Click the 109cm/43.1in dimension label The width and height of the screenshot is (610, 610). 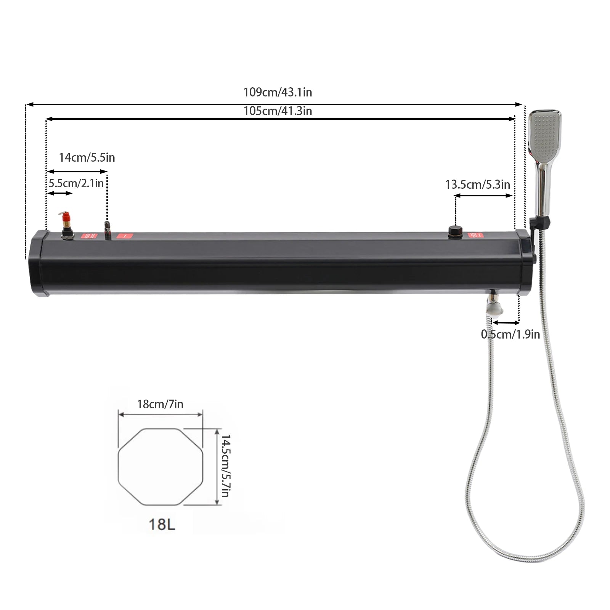pyautogui.click(x=278, y=92)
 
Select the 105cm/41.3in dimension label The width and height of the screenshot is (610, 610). pyautogui.click(x=278, y=111)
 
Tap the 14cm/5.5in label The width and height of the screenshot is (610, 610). pyautogui.click(x=87, y=157)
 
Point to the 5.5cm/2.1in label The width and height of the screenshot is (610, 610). pyautogui.click(x=76, y=183)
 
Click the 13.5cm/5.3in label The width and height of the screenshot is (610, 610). pyautogui.click(x=477, y=185)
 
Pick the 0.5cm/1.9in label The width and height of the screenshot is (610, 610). pyautogui.click(x=510, y=334)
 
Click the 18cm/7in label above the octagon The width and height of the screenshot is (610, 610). pyautogui.click(x=160, y=404)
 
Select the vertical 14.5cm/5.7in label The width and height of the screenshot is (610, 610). pyautogui.click(x=225, y=466)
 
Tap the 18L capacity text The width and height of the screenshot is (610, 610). pyautogui.click(x=162, y=524)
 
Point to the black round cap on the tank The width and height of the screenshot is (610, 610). pyautogui.click(x=455, y=231)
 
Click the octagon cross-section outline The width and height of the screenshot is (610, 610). pyautogui.click(x=160, y=467)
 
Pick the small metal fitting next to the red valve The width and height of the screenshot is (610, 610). pyautogui.click(x=108, y=230)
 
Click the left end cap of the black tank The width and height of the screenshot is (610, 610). pyautogui.click(x=38, y=263)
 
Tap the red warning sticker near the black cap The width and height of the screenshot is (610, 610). pyautogui.click(x=475, y=235)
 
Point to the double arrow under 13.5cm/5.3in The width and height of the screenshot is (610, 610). pyautogui.click(x=483, y=196)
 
